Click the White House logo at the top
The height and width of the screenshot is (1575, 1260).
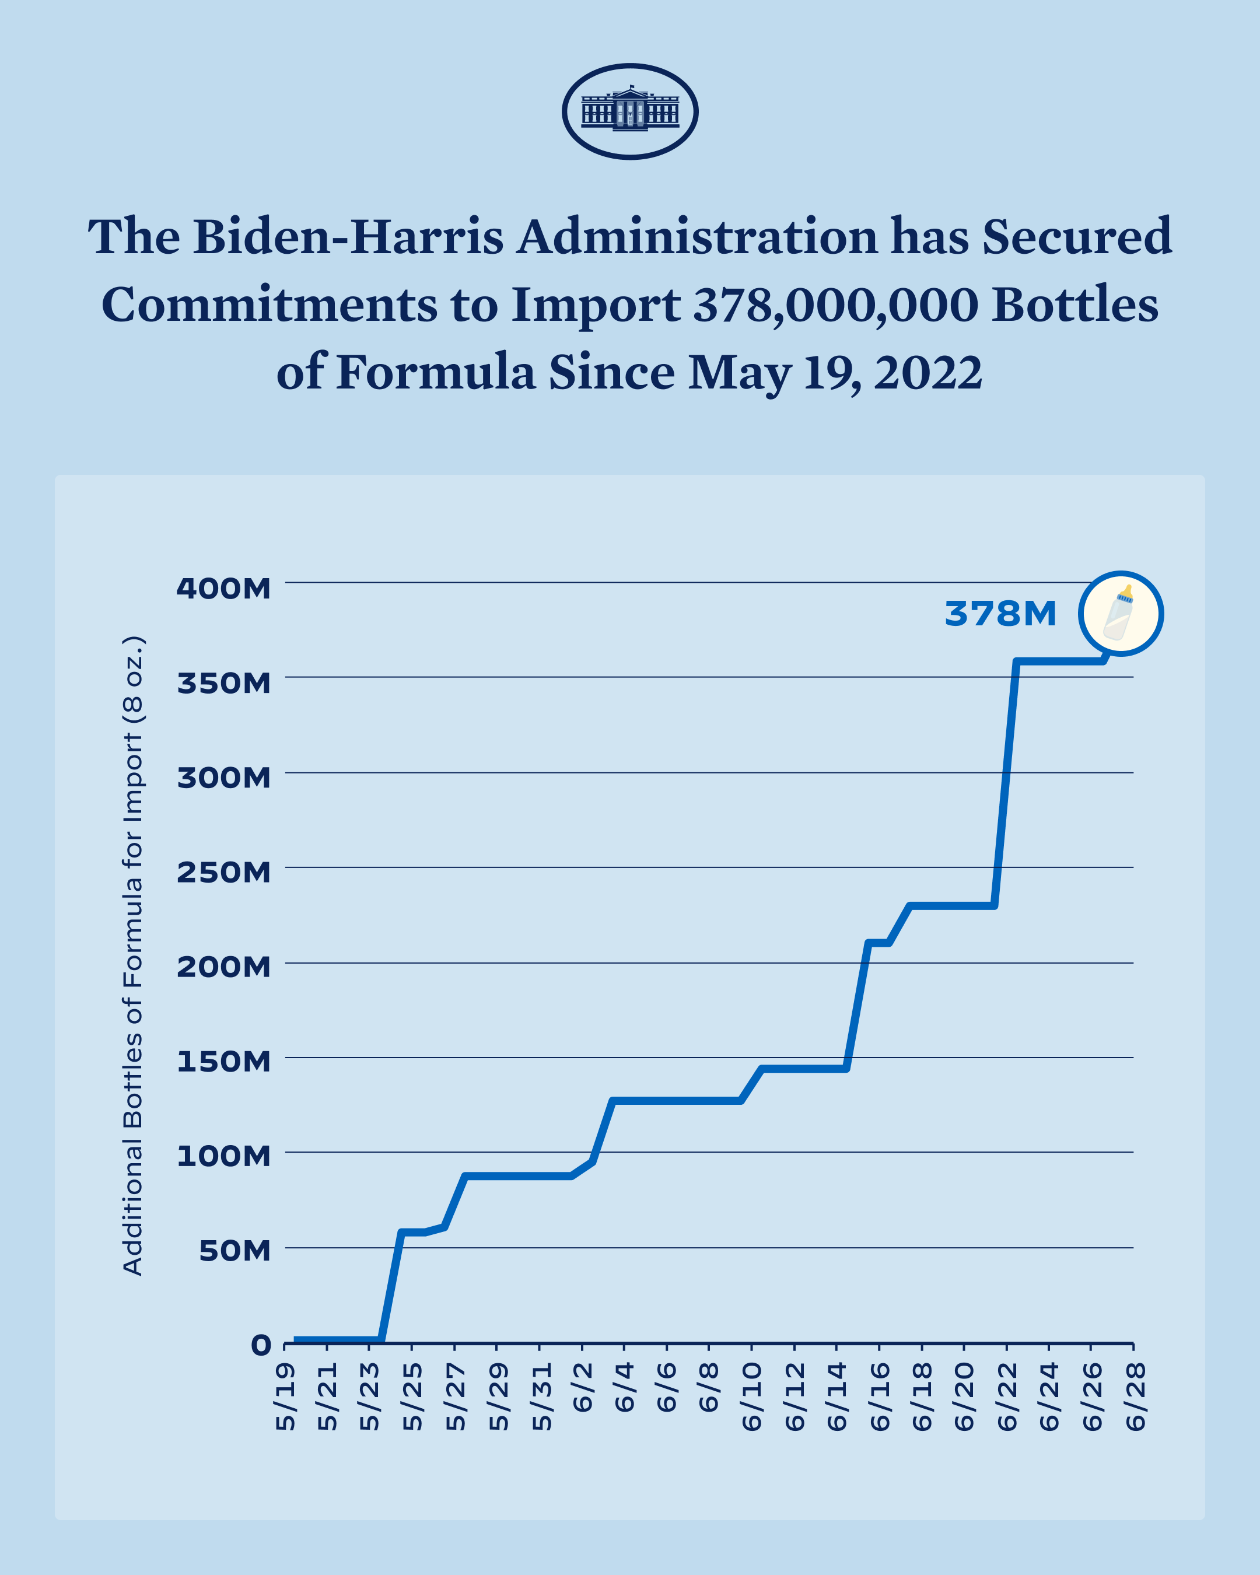[x=629, y=111]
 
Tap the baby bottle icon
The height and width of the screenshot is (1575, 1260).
[x=1120, y=613]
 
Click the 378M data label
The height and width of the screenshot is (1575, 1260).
[x=1000, y=614]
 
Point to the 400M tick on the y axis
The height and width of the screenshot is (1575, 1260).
[x=223, y=588]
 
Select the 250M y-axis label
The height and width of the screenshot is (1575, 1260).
[x=223, y=872]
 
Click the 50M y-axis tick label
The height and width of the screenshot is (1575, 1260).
[x=235, y=1251]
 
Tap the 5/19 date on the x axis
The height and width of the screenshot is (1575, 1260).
[x=286, y=1396]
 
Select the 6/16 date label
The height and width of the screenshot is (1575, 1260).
[x=880, y=1396]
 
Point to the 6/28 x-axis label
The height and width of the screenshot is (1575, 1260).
[x=1135, y=1396]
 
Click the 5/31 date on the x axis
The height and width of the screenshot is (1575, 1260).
[x=541, y=1396]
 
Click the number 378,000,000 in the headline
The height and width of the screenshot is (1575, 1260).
[x=835, y=304]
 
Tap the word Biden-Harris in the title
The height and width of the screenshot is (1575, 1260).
[x=348, y=237]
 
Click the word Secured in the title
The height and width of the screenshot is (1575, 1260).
[x=1077, y=237]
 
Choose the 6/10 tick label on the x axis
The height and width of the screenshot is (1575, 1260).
[x=752, y=1396]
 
